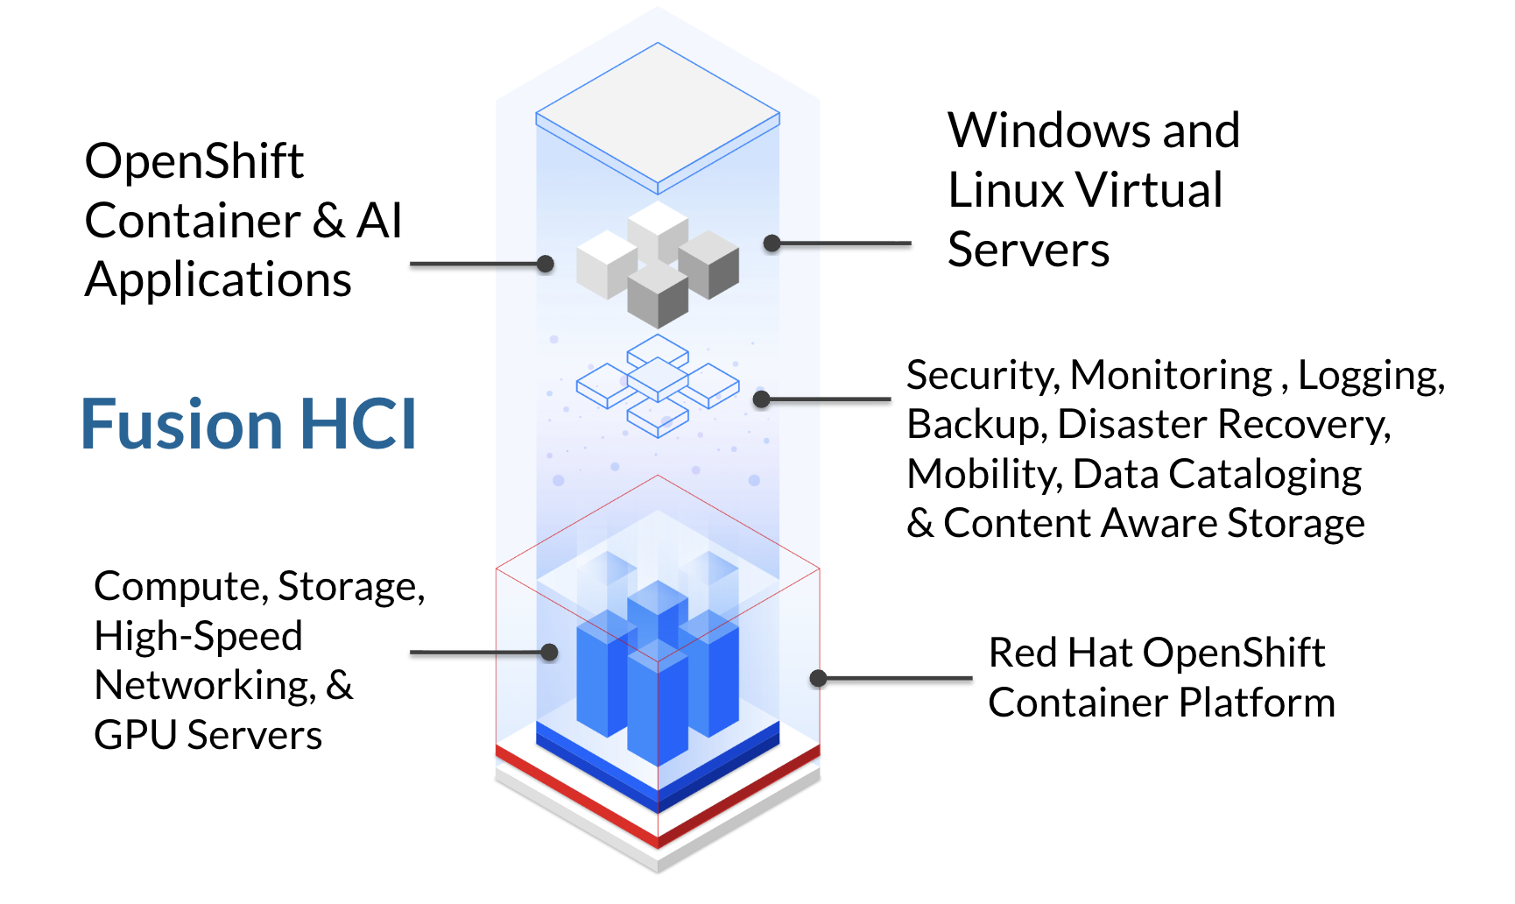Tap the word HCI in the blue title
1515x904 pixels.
point(358,425)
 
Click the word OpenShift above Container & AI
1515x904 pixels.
point(194,162)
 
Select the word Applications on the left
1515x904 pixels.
point(218,281)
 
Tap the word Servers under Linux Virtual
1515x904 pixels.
point(1028,251)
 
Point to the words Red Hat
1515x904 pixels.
point(1060,653)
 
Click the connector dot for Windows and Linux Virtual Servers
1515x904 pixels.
point(772,244)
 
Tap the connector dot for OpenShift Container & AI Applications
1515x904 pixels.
point(546,264)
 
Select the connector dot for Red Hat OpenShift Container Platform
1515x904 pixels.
point(819,678)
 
